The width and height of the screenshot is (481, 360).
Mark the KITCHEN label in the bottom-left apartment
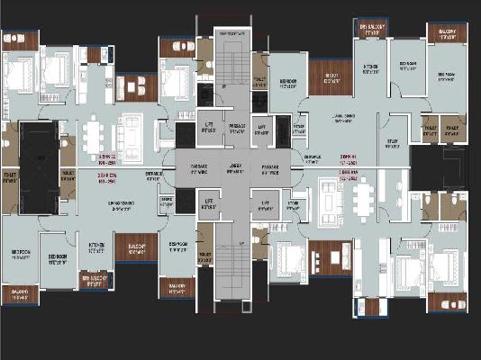(96, 245)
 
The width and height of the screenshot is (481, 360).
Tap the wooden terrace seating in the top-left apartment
(137, 87)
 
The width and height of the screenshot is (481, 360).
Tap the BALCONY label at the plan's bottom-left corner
(20, 292)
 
